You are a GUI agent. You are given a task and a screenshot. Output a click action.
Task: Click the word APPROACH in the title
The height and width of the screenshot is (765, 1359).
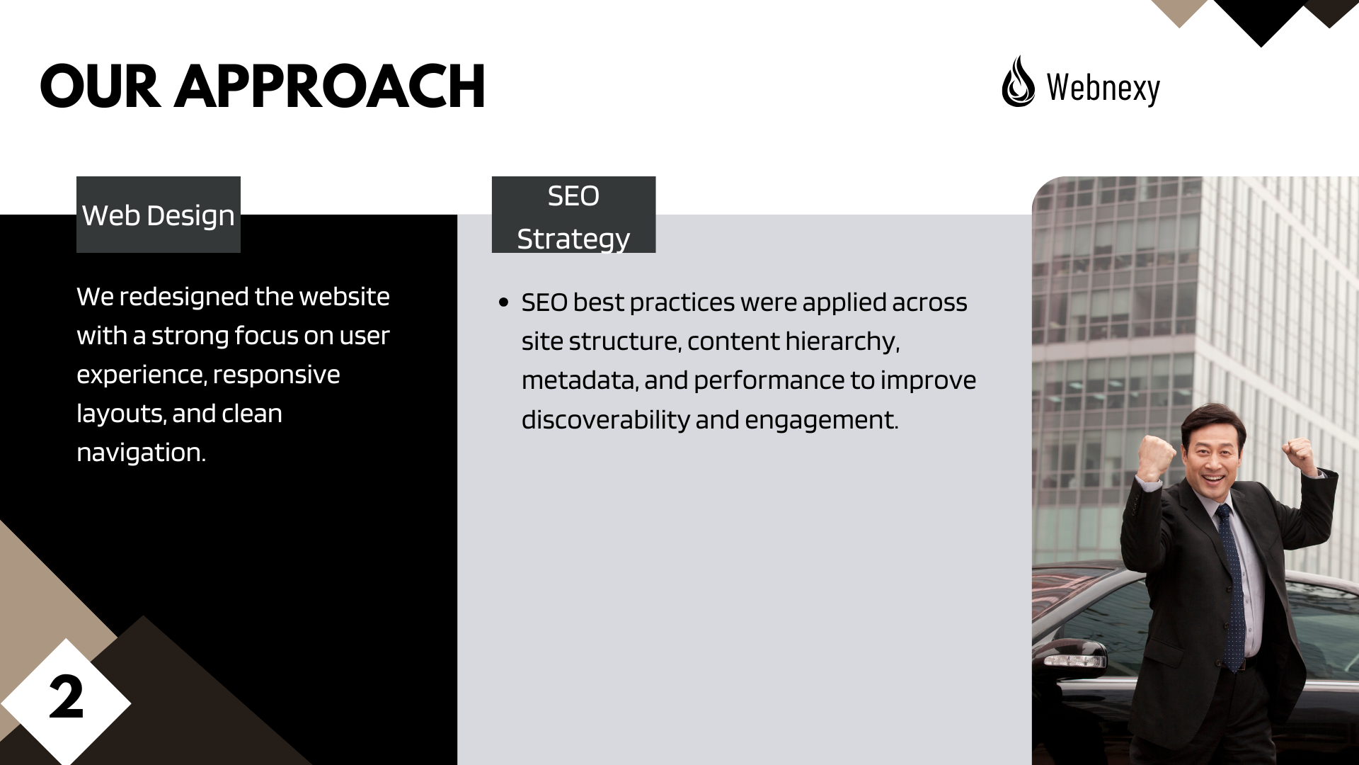330,86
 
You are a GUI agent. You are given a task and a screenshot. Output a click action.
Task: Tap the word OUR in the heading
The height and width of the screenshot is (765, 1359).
100,86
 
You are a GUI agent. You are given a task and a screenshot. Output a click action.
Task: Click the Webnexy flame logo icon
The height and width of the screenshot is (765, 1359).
1018,81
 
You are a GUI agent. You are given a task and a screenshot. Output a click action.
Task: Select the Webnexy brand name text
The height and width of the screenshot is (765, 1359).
1103,88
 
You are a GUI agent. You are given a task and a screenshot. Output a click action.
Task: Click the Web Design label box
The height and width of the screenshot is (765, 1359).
159,215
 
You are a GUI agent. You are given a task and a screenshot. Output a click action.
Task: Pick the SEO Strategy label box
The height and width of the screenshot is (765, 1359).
574,215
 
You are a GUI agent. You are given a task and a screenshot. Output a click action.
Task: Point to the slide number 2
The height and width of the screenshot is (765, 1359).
67,698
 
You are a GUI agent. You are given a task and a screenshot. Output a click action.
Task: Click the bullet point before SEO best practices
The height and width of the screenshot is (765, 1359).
504,302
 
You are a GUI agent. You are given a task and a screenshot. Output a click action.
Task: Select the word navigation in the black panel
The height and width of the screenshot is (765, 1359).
141,453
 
